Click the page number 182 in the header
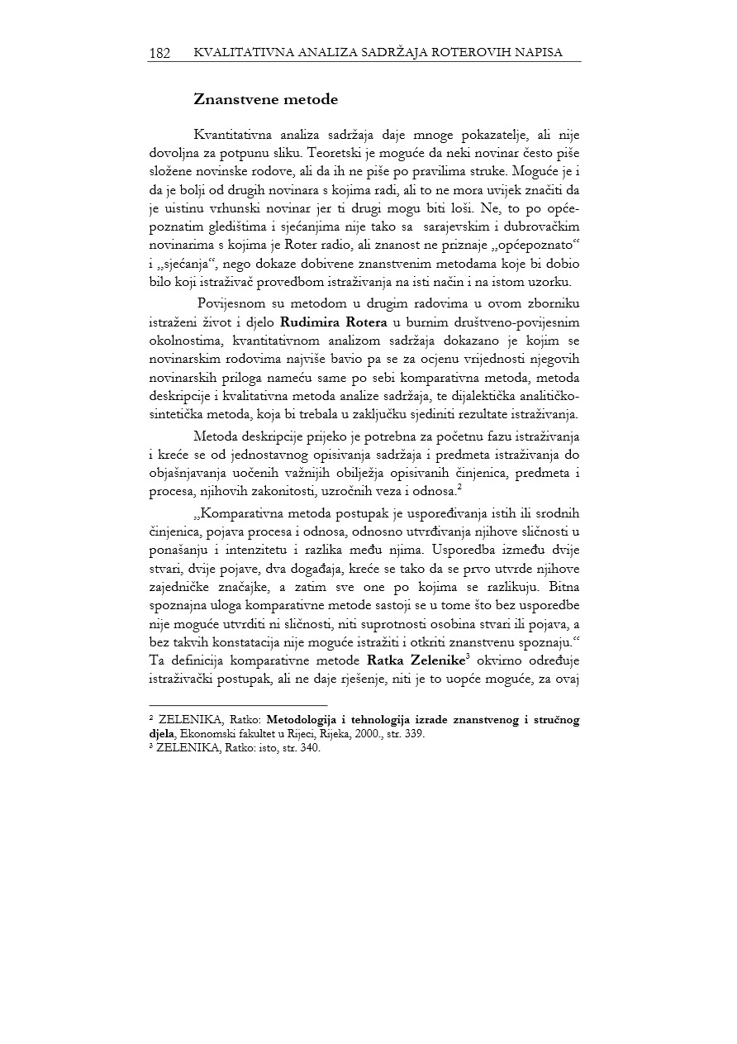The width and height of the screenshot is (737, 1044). tap(159, 53)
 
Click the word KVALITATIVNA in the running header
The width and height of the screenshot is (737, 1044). tap(237, 53)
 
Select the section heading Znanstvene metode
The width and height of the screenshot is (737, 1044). tap(265, 100)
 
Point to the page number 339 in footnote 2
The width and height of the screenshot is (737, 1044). tap(415, 733)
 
